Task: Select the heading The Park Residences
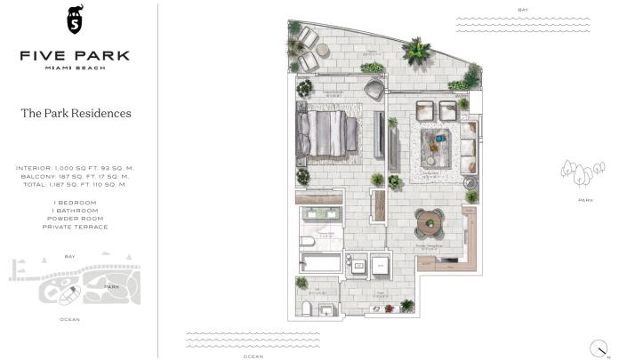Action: click(76, 114)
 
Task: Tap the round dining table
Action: click(430, 219)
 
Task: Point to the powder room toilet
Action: click(308, 307)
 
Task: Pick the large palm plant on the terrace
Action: click(415, 51)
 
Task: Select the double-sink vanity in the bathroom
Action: click(321, 216)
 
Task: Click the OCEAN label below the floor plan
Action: click(253, 356)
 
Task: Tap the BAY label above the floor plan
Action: click(523, 10)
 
